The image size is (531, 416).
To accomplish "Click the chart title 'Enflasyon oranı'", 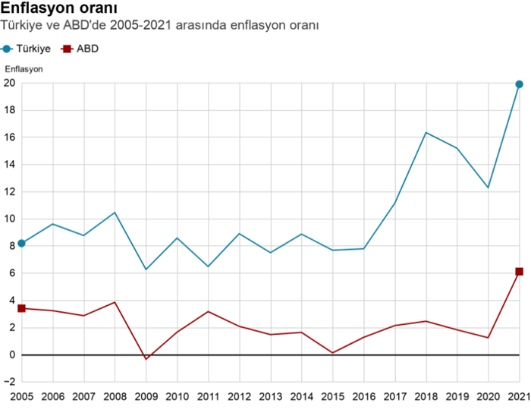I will (58, 8).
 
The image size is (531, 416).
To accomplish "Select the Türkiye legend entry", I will (27, 48).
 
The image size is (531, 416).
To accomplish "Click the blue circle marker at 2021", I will (520, 84).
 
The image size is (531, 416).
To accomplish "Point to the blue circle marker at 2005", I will (21, 243).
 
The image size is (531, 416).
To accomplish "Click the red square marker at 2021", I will (520, 272).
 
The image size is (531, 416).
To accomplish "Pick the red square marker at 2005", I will (21, 308).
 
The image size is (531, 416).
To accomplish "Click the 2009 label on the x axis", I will (146, 396).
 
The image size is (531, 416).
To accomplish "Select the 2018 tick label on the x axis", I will (426, 396).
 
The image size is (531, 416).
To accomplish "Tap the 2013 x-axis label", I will (271, 396).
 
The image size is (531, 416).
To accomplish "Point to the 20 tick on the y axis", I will (10, 84).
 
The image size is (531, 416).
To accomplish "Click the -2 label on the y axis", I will (10, 382).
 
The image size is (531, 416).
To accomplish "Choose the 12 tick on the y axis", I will (10, 191).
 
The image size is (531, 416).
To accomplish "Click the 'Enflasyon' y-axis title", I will (24, 69).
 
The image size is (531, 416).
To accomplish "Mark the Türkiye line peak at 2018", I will (426, 133).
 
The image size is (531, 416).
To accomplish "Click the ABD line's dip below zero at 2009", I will (146, 359).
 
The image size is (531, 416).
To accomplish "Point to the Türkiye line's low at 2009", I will (146, 269).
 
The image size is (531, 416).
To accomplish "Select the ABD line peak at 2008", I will (115, 302).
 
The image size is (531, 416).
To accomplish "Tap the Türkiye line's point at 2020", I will (489, 188).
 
